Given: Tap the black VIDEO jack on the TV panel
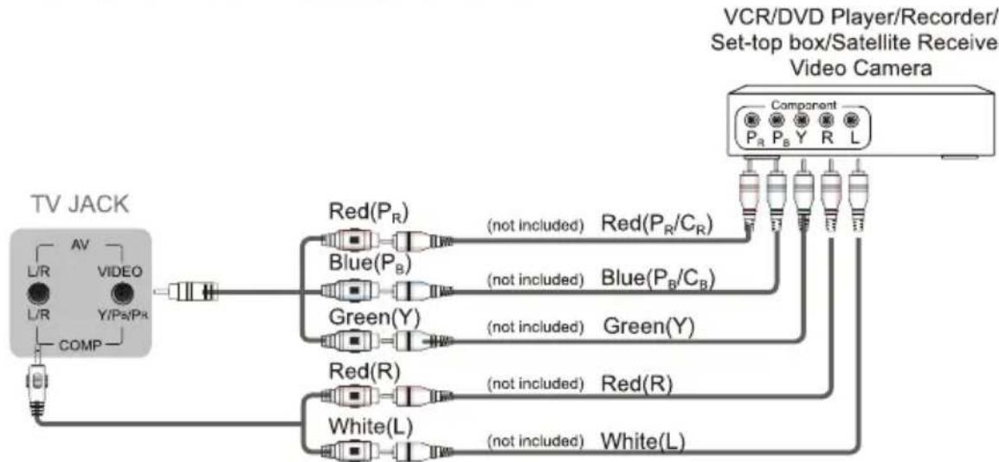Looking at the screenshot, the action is (x=122, y=293).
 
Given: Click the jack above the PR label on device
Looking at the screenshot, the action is (x=751, y=119).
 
